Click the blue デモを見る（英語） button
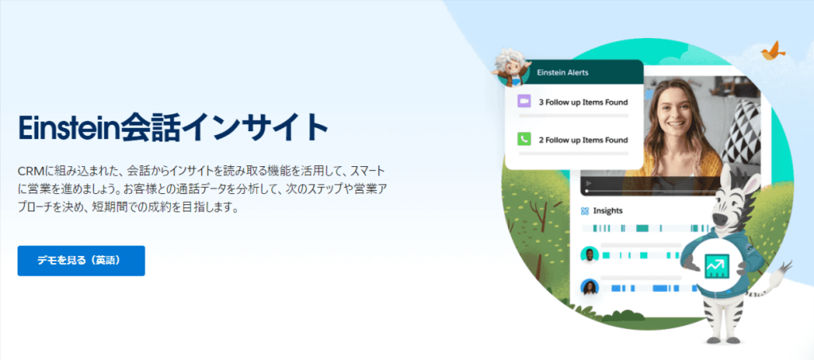(81, 261)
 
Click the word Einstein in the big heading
(69, 127)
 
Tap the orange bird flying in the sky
(773, 50)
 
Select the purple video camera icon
(524, 102)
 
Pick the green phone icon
(524, 140)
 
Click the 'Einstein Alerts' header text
(562, 72)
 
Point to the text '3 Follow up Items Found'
(583, 103)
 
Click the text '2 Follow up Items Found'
(583, 140)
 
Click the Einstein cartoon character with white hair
(511, 67)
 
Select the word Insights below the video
(608, 211)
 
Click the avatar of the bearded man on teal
(589, 254)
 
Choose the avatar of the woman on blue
(589, 288)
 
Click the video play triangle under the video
(589, 183)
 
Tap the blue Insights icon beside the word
(585, 211)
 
